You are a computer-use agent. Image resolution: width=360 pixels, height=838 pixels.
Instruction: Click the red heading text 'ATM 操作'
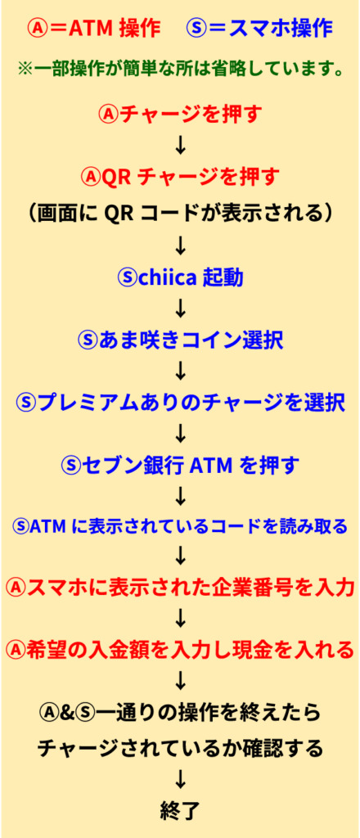click(x=115, y=29)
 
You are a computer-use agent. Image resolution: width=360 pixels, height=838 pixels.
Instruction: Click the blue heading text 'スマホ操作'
click(x=281, y=29)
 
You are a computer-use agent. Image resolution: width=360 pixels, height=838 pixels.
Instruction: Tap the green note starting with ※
click(x=180, y=70)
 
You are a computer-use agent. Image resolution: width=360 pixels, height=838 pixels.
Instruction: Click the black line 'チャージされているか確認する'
click(x=180, y=748)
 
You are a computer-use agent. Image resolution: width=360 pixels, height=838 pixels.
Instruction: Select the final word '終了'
click(x=180, y=811)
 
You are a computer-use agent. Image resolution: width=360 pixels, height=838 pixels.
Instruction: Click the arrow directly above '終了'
click(x=181, y=780)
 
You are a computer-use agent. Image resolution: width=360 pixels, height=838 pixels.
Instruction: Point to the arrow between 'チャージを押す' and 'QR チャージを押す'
click(x=181, y=146)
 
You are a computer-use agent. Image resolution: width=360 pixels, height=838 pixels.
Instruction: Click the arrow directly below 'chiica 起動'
click(x=181, y=308)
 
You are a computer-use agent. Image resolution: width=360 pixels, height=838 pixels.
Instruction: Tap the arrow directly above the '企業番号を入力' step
click(x=181, y=556)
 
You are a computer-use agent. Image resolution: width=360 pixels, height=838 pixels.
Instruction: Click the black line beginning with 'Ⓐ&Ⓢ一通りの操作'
click(x=180, y=712)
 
